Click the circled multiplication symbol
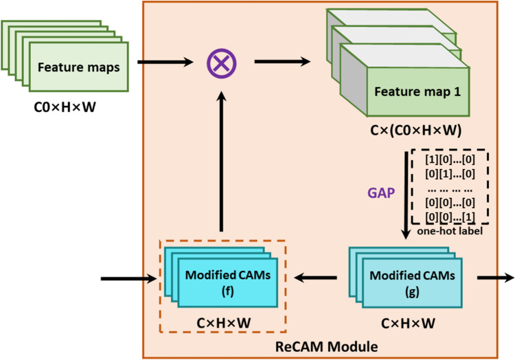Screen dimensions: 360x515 click(222, 64)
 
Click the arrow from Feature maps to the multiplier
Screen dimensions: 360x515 click(165, 64)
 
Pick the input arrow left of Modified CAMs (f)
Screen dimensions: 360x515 click(124, 279)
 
